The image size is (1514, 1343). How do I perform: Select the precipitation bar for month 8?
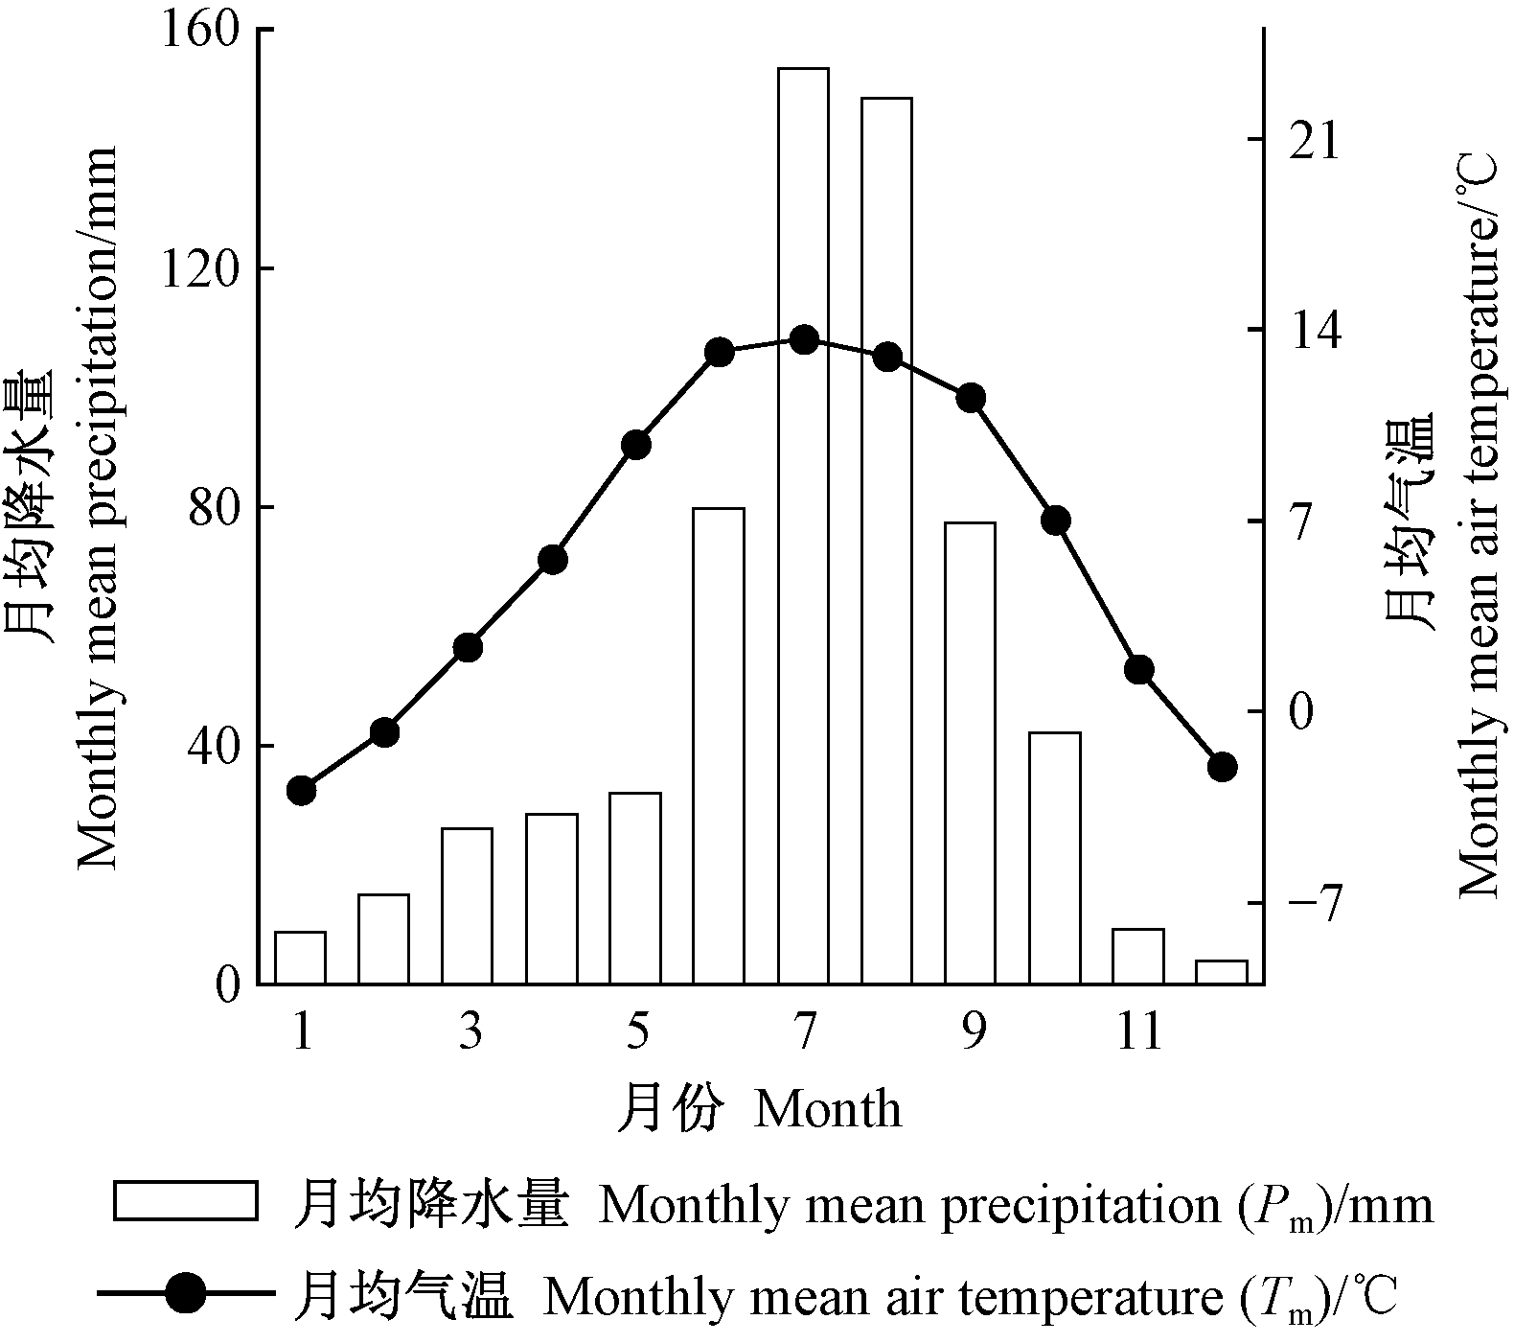point(886,541)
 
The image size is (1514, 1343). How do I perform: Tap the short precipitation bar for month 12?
point(1222,972)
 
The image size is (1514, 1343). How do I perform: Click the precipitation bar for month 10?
point(1055,858)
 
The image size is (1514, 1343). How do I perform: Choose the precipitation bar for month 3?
point(468,906)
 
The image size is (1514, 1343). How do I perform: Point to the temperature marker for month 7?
point(804,339)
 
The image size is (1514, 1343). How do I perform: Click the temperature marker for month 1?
point(302,791)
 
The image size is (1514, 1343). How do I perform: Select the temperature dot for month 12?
point(1222,767)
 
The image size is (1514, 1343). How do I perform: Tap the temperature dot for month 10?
point(1055,521)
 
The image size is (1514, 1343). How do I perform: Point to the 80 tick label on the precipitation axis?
point(213,507)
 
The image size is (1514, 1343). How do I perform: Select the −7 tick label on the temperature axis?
point(1315,903)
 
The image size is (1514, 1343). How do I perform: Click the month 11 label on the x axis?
point(1138,1033)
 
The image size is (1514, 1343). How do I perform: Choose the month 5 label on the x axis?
point(637,1033)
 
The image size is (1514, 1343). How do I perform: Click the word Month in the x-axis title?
point(828,1110)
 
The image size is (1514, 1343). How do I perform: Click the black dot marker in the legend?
point(185,1295)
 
